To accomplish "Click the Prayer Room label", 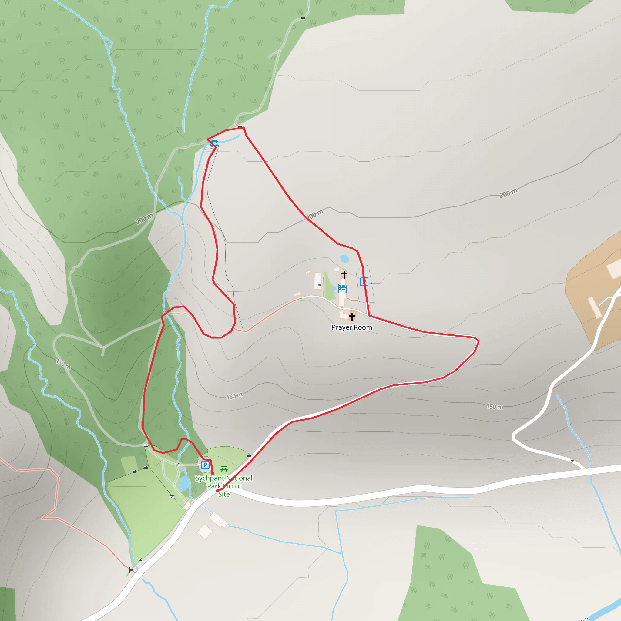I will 352,327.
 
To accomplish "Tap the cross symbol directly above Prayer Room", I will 352,317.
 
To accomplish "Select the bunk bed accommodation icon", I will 342,288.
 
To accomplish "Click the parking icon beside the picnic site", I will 205,465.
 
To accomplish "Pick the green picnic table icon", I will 224,470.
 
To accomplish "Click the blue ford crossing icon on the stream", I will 214,143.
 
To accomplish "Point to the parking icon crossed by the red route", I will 364,282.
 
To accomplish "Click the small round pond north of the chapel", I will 344,258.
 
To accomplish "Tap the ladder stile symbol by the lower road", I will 131,570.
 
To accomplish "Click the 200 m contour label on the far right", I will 508,193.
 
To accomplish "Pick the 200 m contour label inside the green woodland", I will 144,219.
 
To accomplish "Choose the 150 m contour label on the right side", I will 495,407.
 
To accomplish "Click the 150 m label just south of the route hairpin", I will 234,396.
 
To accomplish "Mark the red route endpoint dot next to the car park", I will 213,473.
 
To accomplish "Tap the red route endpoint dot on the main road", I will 217,491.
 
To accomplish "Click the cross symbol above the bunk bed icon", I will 344,275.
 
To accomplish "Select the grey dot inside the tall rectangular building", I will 319,285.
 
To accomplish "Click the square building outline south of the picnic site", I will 204,531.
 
